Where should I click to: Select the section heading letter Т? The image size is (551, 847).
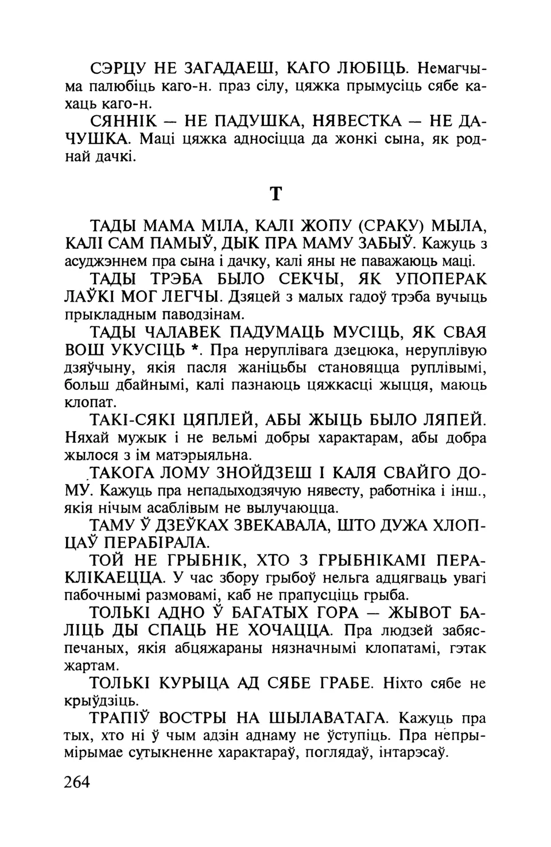pos(275,194)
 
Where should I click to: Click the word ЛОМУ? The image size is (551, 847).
pos(186,474)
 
